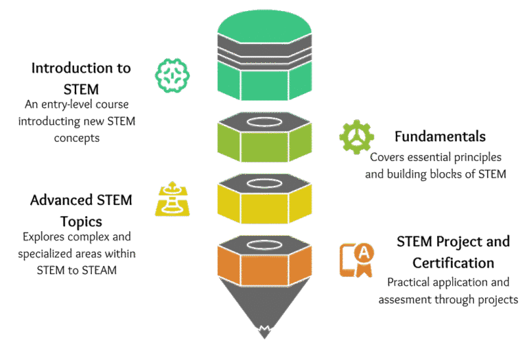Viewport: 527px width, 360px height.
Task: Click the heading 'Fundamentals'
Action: click(x=440, y=136)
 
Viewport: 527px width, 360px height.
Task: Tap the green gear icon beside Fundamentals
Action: click(x=357, y=136)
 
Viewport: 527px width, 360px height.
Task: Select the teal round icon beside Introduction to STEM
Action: click(x=172, y=75)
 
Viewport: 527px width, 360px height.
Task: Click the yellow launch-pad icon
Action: click(x=172, y=199)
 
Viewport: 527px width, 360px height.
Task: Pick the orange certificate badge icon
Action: click(x=357, y=261)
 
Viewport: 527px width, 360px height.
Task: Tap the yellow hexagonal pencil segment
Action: click(x=264, y=199)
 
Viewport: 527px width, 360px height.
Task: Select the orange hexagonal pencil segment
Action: click(x=264, y=261)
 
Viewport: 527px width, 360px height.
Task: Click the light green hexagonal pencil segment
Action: click(x=264, y=137)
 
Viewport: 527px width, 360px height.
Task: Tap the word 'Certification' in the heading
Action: click(x=454, y=263)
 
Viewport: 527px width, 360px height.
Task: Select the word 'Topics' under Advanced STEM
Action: click(x=81, y=222)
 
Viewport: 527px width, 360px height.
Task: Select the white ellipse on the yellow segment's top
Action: click(x=264, y=183)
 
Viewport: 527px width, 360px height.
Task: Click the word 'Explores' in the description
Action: click(x=43, y=237)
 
